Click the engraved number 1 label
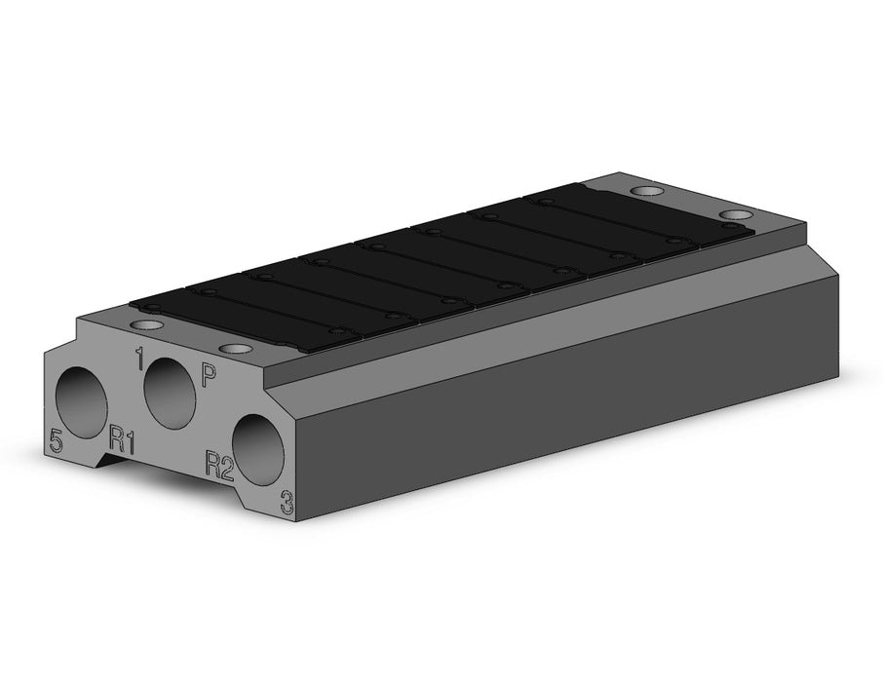(138, 359)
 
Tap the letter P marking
(209, 375)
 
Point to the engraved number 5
(56, 440)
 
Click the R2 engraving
(219, 464)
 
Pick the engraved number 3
(288, 503)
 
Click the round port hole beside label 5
(81, 402)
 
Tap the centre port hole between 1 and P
(170, 393)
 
